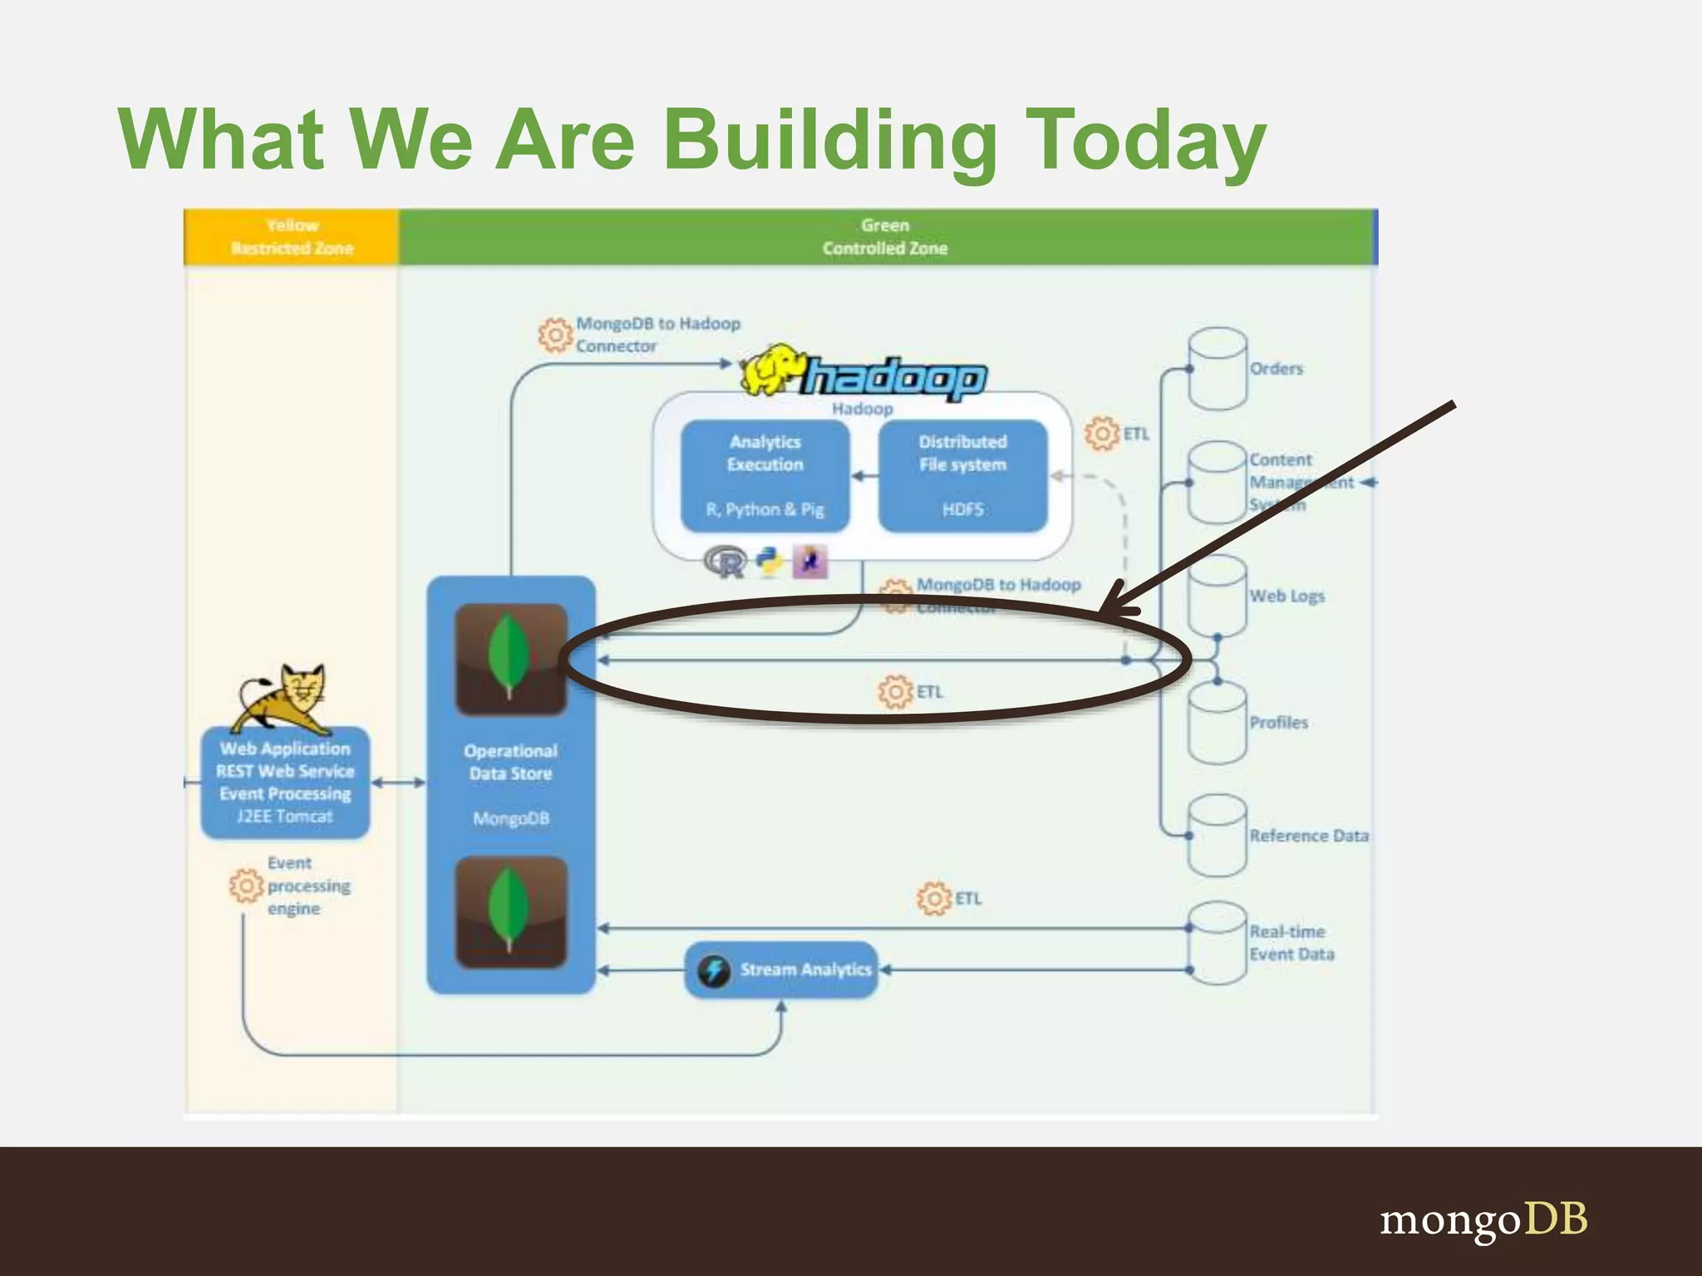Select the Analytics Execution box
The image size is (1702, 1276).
click(x=765, y=475)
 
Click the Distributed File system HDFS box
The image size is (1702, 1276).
click(x=962, y=475)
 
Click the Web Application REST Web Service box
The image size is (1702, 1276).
click(x=285, y=781)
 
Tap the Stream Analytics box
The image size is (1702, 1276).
click(x=781, y=969)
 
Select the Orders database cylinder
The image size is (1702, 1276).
click(x=1217, y=369)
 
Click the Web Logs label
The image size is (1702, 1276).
click(x=1286, y=596)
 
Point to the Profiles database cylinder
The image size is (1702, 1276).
click(x=1217, y=723)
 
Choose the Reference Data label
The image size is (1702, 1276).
click(x=1309, y=836)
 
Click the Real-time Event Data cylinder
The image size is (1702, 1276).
click(x=1217, y=943)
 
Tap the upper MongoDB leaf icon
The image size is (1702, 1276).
click(x=511, y=659)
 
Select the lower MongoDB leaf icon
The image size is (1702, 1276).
click(x=511, y=912)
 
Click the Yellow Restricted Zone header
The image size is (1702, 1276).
click(x=292, y=237)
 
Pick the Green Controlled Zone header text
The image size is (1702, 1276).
click(x=885, y=237)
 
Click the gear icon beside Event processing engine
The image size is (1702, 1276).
click(x=246, y=886)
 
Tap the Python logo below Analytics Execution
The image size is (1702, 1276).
click(x=770, y=562)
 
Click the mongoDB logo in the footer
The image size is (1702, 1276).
click(x=1483, y=1220)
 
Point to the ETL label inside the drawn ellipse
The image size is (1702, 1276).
click(x=929, y=692)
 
